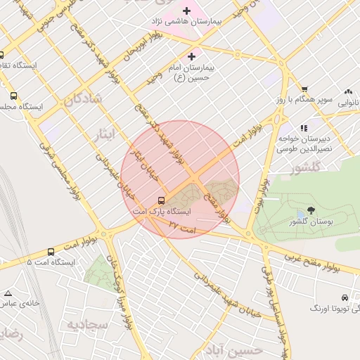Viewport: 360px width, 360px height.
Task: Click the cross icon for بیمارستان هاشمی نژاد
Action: click(x=186, y=11)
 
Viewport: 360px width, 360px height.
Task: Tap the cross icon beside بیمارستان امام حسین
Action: click(x=191, y=56)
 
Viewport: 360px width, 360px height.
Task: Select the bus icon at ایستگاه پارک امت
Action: click(x=162, y=200)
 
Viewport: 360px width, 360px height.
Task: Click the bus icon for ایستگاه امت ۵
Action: click(x=51, y=252)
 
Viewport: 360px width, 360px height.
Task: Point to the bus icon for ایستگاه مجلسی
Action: click(x=13, y=96)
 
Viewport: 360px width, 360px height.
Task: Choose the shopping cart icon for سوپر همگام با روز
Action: click(x=304, y=89)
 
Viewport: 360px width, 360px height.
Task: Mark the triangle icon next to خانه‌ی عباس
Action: click(x=8, y=292)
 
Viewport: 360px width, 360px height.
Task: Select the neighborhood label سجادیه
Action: click(x=87, y=325)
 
